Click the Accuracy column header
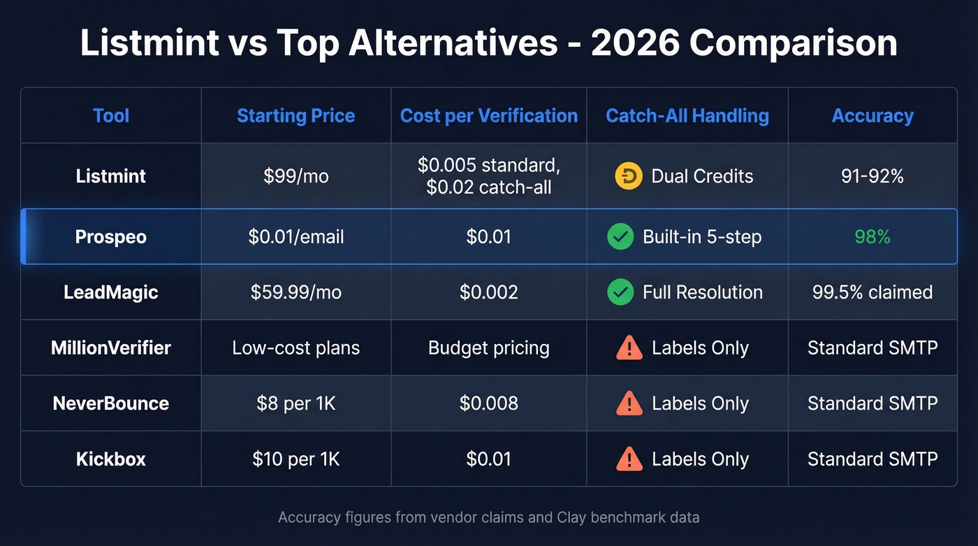pos(873,116)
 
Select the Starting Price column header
pos(295,116)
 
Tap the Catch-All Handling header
pos(687,116)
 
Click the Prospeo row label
pos(111,237)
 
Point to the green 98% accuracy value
pos(873,237)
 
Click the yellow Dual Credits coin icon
pos(628,176)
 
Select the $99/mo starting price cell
pos(295,176)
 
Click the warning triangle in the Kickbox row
pos(629,459)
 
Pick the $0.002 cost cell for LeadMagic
pos(489,292)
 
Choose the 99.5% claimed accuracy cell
pos(873,292)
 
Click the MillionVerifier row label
pos(111,347)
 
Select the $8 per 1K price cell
pos(295,403)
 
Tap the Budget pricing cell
pos(489,347)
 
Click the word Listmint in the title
pos(149,43)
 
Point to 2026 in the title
pos(634,43)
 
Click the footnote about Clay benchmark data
pos(489,518)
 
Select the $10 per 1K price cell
pos(295,459)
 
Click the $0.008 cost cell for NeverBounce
pos(489,403)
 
